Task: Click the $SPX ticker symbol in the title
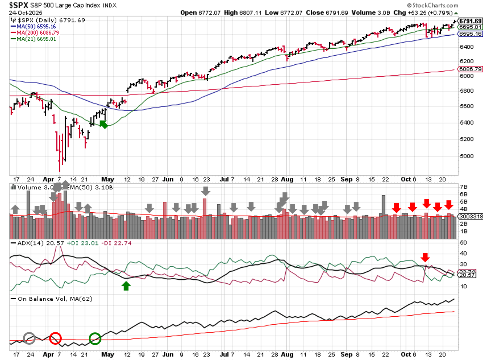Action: (x=19, y=5)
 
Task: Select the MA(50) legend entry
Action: (x=36, y=27)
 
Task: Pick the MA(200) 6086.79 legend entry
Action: (x=37, y=33)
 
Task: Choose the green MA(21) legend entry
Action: (x=36, y=39)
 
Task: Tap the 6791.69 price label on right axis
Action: (x=470, y=21)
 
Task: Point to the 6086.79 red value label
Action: (x=470, y=69)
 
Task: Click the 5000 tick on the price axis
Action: (x=467, y=156)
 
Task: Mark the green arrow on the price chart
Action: (x=104, y=124)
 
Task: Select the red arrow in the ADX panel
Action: (x=425, y=257)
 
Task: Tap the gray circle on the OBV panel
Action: (x=29, y=338)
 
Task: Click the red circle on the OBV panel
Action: (x=55, y=338)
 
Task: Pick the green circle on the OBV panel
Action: (x=95, y=338)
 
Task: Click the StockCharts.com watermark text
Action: (x=435, y=5)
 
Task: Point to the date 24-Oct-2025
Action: (x=25, y=12)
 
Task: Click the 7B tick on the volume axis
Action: (x=463, y=187)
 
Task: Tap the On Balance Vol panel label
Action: (x=55, y=299)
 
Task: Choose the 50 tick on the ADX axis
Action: (x=463, y=243)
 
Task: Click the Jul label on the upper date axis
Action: (x=224, y=179)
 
